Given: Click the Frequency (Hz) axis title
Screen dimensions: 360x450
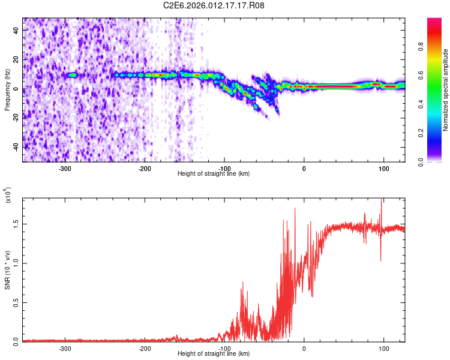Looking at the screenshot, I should coord(8,89).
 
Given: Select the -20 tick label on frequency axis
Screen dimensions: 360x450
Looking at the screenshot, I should coord(16,118).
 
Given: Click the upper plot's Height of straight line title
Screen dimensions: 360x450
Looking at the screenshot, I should coord(214,174).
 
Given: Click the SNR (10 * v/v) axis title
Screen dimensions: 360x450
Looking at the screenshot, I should coord(8,270).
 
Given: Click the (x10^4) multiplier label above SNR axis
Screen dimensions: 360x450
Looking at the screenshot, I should coord(8,196).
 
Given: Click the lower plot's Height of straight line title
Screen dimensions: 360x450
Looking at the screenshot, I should coord(214,353).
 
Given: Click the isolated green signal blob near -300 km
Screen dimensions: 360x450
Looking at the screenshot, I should coord(73,75).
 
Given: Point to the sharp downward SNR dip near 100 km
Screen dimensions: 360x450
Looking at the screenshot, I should coord(380,260).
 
